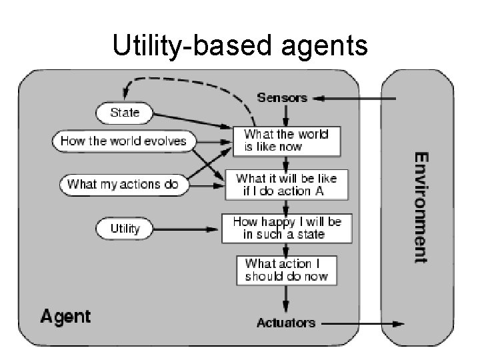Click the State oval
coord(125,113)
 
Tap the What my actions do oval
coord(123,184)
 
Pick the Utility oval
coord(125,229)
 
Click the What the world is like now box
coord(286,141)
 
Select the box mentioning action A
coord(287,185)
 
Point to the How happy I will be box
coord(287,228)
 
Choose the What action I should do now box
coord(287,270)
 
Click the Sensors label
coord(282,97)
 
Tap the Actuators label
coord(286,323)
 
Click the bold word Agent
coord(65,315)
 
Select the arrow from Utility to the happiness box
coord(187,230)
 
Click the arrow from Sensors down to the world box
coord(285,117)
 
